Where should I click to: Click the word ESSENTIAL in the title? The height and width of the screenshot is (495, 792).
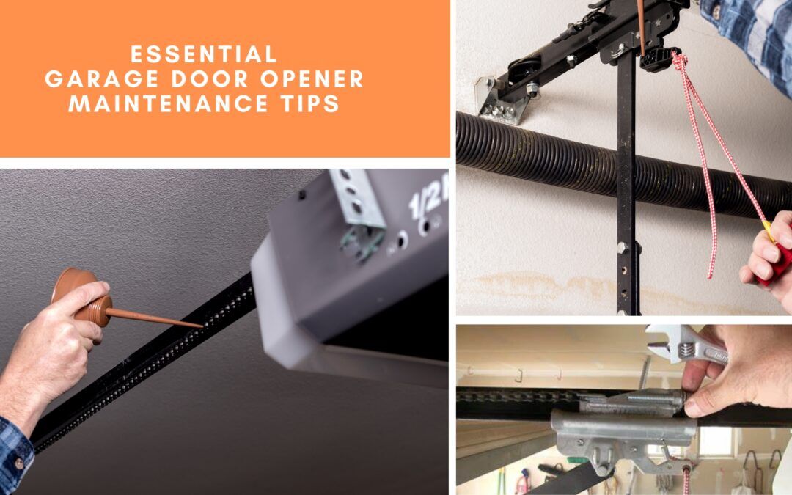203,54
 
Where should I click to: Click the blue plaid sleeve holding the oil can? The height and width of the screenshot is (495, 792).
15,451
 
